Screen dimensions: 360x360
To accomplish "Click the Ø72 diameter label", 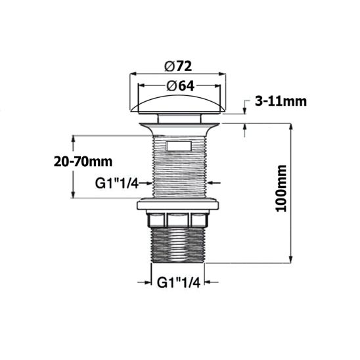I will click(179, 66).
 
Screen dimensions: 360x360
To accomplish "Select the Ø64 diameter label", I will click(179, 84).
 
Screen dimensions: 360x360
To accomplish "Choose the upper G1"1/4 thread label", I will click(116, 183).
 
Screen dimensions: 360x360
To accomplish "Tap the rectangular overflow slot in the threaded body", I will click(178, 145).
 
